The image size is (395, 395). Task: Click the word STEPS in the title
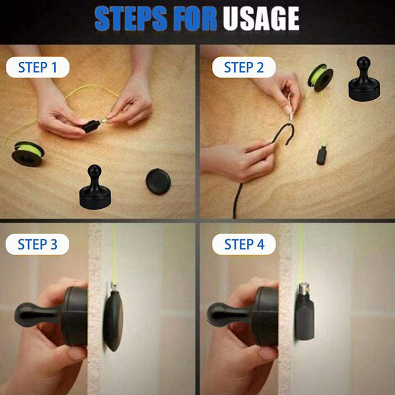pyautogui.click(x=131, y=19)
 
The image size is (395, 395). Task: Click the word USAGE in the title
pyautogui.click(x=261, y=18)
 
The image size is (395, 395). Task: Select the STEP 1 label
pyautogui.click(x=38, y=67)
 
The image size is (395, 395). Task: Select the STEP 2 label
pyautogui.click(x=244, y=67)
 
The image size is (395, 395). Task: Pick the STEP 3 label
pyautogui.click(x=38, y=244)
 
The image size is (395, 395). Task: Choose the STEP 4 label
pyautogui.click(x=244, y=244)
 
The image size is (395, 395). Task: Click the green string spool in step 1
pyautogui.click(x=28, y=154)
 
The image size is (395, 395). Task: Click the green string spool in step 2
pyautogui.click(x=320, y=78)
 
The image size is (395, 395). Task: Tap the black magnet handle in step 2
pyautogui.click(x=364, y=79)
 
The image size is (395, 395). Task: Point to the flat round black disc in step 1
pyautogui.click(x=158, y=181)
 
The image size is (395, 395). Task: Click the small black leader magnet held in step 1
pyautogui.click(x=91, y=126)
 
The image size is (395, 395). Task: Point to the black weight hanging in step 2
pyautogui.click(x=322, y=156)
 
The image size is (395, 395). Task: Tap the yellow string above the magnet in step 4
pyautogui.click(x=301, y=253)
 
